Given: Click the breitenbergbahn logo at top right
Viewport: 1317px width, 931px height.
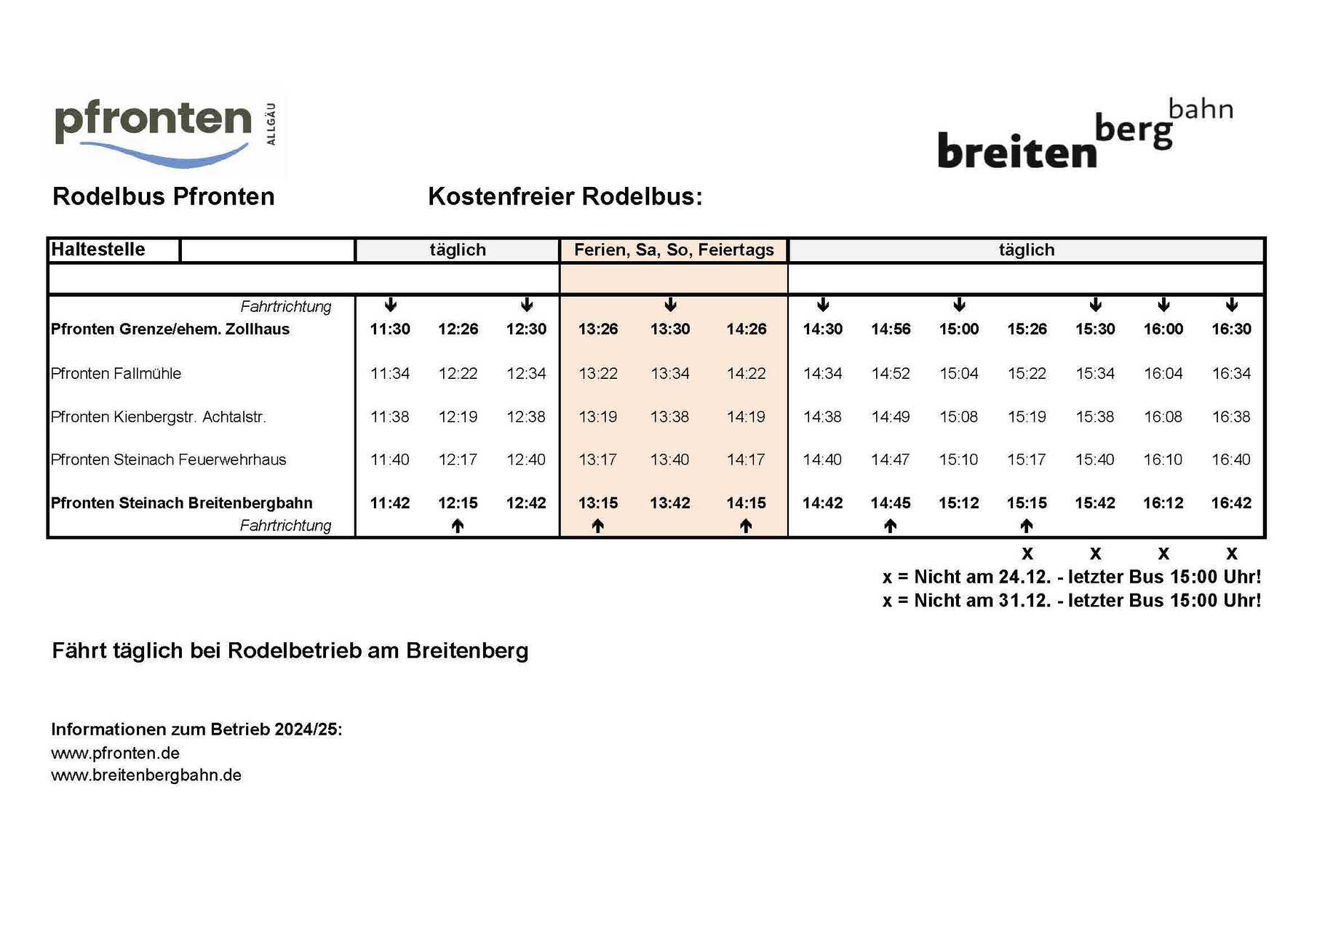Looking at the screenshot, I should [x=1084, y=136].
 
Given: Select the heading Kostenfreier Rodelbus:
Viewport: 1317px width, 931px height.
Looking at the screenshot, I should [x=565, y=197].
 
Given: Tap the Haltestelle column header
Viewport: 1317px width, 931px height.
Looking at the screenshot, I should [x=98, y=249].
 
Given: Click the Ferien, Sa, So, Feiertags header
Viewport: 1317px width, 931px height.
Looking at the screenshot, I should [x=674, y=250].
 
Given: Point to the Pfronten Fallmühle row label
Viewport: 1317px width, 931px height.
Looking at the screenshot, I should [x=116, y=374].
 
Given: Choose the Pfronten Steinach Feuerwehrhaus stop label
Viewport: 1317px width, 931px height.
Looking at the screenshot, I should [x=169, y=460].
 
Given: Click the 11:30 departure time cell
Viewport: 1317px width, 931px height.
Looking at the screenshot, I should [x=390, y=329].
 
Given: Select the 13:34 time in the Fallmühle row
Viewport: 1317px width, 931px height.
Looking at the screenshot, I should [x=669, y=374].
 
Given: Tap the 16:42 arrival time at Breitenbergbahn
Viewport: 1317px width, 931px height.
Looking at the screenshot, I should [x=1231, y=503].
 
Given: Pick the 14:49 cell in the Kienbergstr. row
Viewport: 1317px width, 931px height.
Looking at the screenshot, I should [x=891, y=417].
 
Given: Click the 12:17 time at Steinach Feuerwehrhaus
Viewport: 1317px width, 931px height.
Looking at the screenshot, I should [x=458, y=460].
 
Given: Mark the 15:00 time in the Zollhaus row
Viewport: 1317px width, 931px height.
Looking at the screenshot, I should [x=959, y=329].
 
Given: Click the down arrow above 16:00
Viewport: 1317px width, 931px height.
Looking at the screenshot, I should [x=1163, y=305].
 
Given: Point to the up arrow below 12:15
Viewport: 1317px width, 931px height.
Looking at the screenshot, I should [x=458, y=526].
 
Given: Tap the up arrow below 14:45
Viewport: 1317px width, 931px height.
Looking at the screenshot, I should [x=891, y=526].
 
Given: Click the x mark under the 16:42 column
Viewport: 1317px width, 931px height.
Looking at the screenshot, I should [x=1232, y=554].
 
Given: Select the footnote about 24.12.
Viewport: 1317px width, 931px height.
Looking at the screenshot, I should [x=1071, y=578].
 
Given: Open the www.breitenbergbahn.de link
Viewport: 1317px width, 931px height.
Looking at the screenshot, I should [x=146, y=775].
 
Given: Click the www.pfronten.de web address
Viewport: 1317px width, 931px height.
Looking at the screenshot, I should [x=115, y=754].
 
